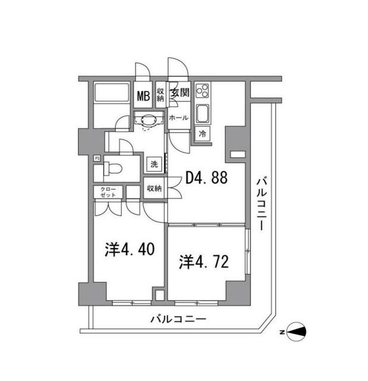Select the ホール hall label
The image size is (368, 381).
click(x=179, y=118)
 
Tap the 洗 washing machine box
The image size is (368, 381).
click(x=154, y=164)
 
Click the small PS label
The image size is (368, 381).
click(x=96, y=158)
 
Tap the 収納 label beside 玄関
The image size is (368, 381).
click(x=161, y=95)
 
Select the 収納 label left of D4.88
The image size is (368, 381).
click(x=154, y=188)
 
